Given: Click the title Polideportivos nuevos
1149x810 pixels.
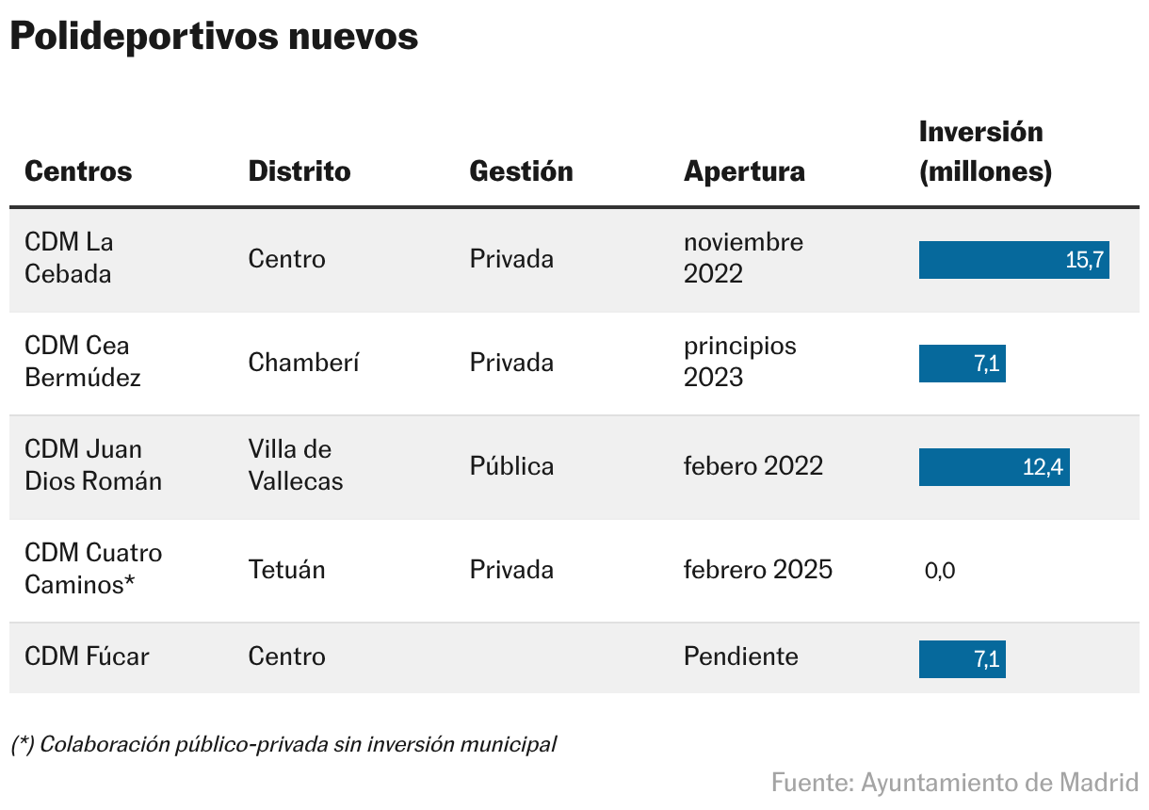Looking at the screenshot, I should [x=214, y=37].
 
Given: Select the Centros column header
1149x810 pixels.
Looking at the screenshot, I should [x=78, y=171].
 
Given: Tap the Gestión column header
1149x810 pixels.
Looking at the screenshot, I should [x=521, y=171].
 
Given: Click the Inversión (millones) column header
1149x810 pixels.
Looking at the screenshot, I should [x=985, y=152].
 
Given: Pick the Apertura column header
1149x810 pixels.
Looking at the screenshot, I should [x=744, y=171].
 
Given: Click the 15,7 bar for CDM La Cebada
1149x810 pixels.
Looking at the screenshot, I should [x=1013, y=260].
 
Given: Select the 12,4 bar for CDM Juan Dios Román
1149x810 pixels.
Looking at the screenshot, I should [x=994, y=467].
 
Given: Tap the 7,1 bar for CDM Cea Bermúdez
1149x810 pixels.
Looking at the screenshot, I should [x=962, y=364].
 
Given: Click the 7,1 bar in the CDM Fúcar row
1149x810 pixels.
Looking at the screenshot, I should [x=962, y=659].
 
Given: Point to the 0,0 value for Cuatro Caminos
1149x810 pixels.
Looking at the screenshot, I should [x=940, y=571].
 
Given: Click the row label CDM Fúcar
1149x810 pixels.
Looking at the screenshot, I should [x=87, y=656].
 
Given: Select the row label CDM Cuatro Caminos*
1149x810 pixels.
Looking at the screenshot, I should [x=92, y=569].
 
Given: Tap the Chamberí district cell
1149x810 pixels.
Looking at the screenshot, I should [x=303, y=364].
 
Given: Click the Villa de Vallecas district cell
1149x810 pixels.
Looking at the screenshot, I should [x=295, y=465].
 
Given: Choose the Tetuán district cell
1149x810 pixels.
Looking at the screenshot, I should [x=286, y=570].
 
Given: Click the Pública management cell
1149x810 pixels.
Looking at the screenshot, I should [x=511, y=466].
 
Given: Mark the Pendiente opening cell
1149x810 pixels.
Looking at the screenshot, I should [x=740, y=656].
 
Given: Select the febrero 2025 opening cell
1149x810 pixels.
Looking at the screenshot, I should [x=757, y=570].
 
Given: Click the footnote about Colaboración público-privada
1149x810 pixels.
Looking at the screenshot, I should [x=283, y=745].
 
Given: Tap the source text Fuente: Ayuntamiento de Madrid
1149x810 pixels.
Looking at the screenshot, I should [x=954, y=783].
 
